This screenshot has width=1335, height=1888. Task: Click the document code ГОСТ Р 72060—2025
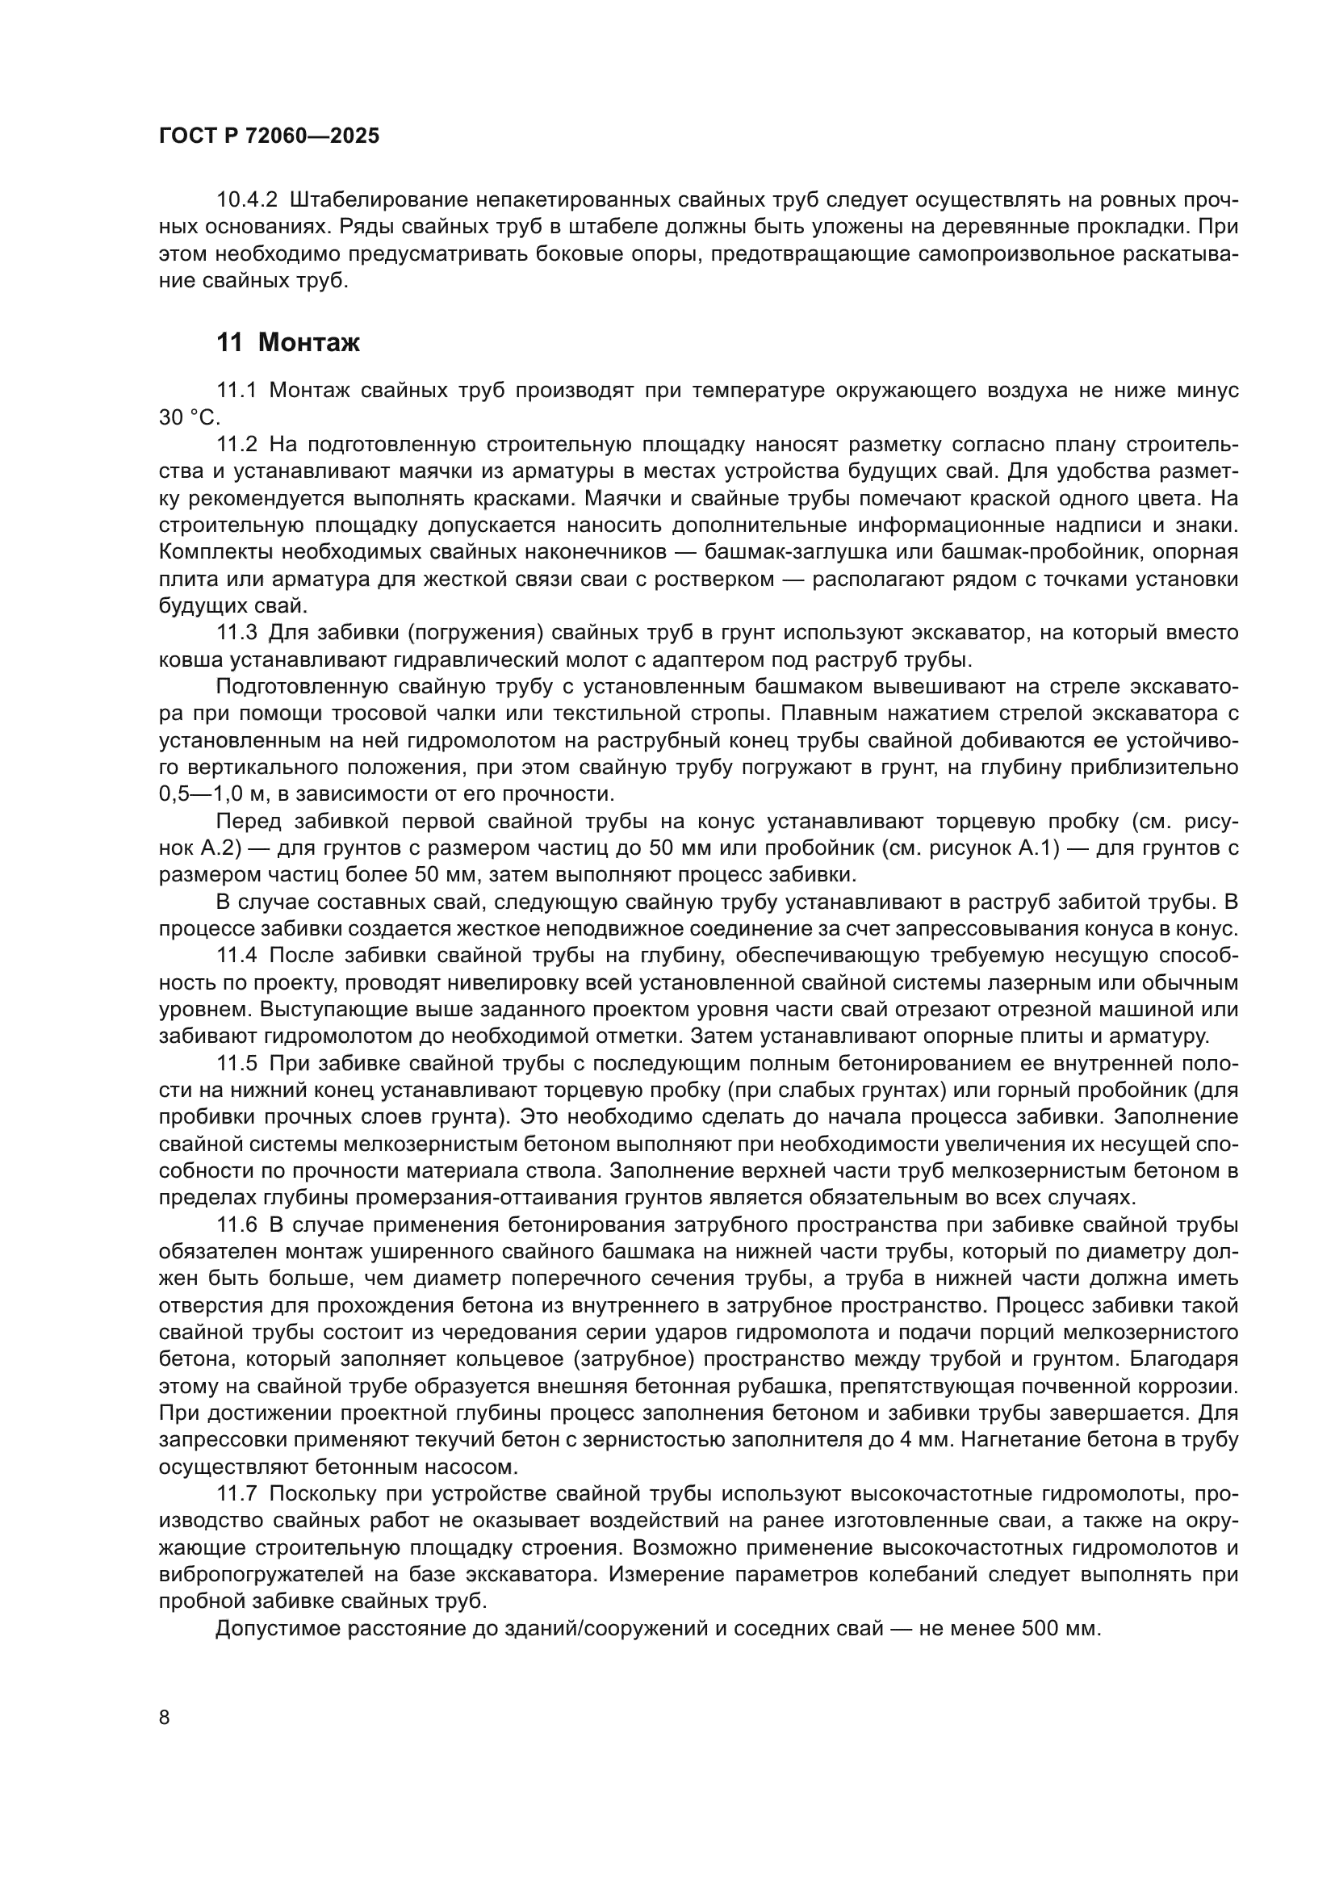[x=269, y=136]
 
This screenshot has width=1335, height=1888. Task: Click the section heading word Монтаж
[x=309, y=343]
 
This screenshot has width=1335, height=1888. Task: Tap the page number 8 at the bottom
[x=165, y=1717]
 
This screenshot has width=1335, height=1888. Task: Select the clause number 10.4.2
[x=247, y=200]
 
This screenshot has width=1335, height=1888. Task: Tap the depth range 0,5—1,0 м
[x=220, y=795]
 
